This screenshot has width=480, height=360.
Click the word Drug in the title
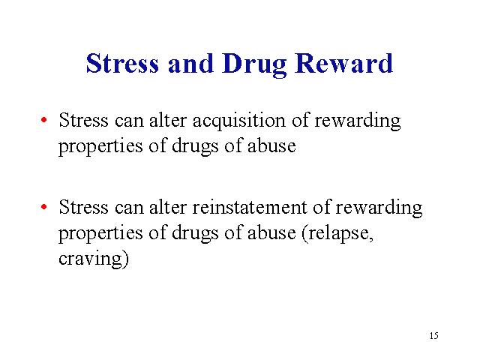pos(255,65)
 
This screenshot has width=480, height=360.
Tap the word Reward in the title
pos(343,63)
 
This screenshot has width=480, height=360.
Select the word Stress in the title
pos(122,63)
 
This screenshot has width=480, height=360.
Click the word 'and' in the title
pos(190,63)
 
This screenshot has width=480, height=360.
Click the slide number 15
pos(433,336)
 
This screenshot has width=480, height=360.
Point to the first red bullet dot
pos(43,120)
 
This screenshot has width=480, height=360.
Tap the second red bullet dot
pos(43,207)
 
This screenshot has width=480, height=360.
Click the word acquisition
pos(238,121)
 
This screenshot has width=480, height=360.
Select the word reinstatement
pos(249,207)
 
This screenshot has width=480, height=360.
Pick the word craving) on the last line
pos(94,259)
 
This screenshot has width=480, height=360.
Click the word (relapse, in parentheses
pos(337,234)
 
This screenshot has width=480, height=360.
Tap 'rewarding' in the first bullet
pos(358,121)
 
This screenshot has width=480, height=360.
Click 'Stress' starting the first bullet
pos(83,120)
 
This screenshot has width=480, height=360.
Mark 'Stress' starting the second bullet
pos(83,207)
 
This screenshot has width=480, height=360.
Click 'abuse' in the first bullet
pos(271,145)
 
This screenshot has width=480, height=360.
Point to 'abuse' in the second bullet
pos(271,233)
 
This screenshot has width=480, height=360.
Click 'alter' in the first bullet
pos(168,120)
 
